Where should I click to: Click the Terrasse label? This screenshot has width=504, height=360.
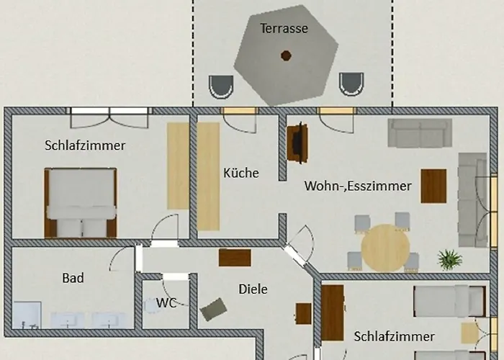(284, 28)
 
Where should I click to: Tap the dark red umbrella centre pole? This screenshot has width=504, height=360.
(286, 55)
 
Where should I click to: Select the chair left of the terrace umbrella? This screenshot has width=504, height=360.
(221, 87)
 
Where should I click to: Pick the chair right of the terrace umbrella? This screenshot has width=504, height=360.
(351, 84)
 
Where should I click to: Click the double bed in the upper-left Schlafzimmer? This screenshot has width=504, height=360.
(81, 203)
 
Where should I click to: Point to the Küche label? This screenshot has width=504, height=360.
(241, 173)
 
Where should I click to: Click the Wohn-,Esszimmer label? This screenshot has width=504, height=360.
(358, 186)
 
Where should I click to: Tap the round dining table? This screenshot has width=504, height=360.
(385, 248)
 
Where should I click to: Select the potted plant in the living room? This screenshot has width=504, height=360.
(450, 259)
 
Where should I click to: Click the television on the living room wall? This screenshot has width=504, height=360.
(298, 143)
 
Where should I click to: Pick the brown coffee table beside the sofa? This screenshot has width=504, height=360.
(433, 186)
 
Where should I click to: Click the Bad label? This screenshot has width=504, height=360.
(73, 278)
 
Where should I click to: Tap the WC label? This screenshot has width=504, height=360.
(166, 303)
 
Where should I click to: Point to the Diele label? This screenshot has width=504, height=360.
(253, 289)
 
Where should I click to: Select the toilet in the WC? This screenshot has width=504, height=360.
(151, 305)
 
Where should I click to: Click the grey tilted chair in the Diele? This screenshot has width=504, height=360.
(213, 309)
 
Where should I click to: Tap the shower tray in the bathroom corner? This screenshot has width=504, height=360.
(27, 315)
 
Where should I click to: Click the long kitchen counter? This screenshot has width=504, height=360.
(208, 176)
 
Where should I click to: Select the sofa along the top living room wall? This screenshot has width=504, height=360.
(420, 133)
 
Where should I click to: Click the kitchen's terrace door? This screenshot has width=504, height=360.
(240, 120)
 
